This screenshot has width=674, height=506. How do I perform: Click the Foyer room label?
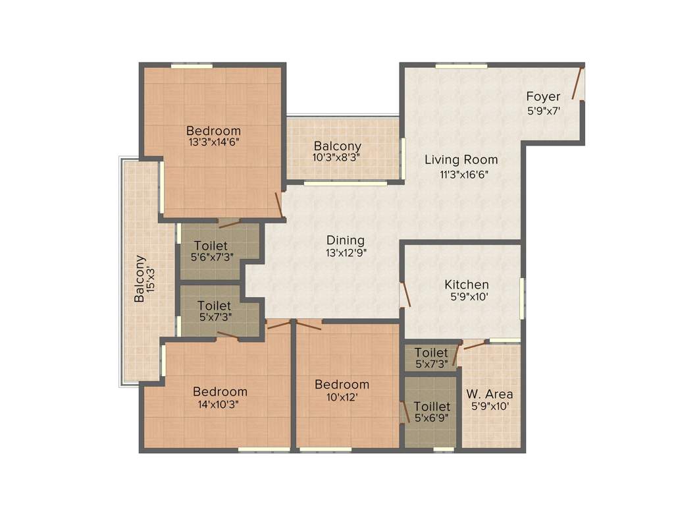point(543,97)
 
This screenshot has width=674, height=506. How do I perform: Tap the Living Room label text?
point(461,159)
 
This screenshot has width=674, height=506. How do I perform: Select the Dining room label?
point(346,240)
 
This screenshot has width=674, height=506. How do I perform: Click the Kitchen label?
point(467,285)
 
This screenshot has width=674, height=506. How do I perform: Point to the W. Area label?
point(490,394)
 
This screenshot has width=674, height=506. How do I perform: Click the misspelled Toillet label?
point(432,407)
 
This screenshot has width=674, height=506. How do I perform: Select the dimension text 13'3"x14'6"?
point(213,142)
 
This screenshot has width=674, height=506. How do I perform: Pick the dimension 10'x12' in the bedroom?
point(342,397)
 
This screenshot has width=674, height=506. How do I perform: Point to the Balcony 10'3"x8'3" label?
point(337,152)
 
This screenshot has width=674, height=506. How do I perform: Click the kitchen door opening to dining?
point(405,295)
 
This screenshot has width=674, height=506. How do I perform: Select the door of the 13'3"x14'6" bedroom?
point(279,205)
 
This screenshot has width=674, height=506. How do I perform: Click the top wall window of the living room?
point(461,65)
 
